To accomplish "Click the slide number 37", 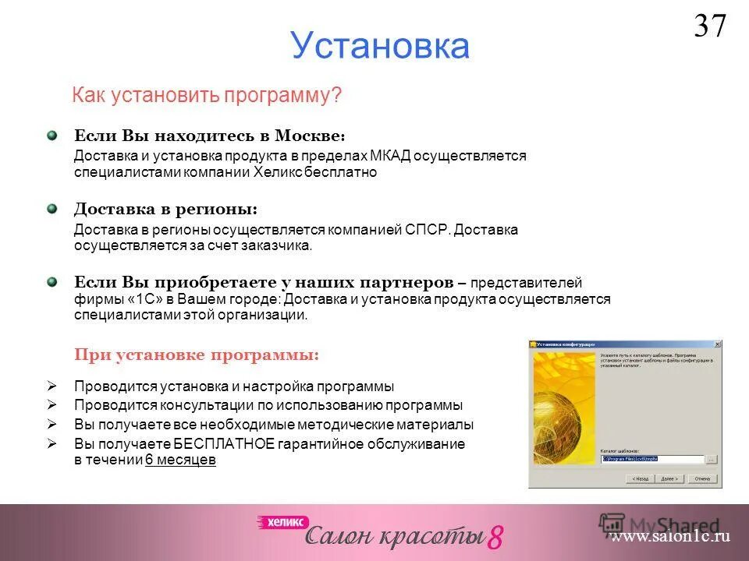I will pyautogui.click(x=710, y=26).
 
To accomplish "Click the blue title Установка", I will pyautogui.click(x=380, y=46).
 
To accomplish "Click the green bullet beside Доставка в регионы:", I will pyautogui.click(x=51, y=209).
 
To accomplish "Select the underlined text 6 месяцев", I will pyautogui.click(x=180, y=460).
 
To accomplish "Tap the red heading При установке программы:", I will pyautogui.click(x=197, y=355).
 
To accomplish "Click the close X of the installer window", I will pyautogui.click(x=717, y=344).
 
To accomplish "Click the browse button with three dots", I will pyautogui.click(x=710, y=459).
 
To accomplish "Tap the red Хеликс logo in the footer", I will pyautogui.click(x=284, y=522).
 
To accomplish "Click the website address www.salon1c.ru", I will pyautogui.click(x=671, y=536).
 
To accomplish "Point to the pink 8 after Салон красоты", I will pyautogui.click(x=495, y=537).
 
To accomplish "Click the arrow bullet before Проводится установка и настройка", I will pyautogui.click(x=51, y=386).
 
